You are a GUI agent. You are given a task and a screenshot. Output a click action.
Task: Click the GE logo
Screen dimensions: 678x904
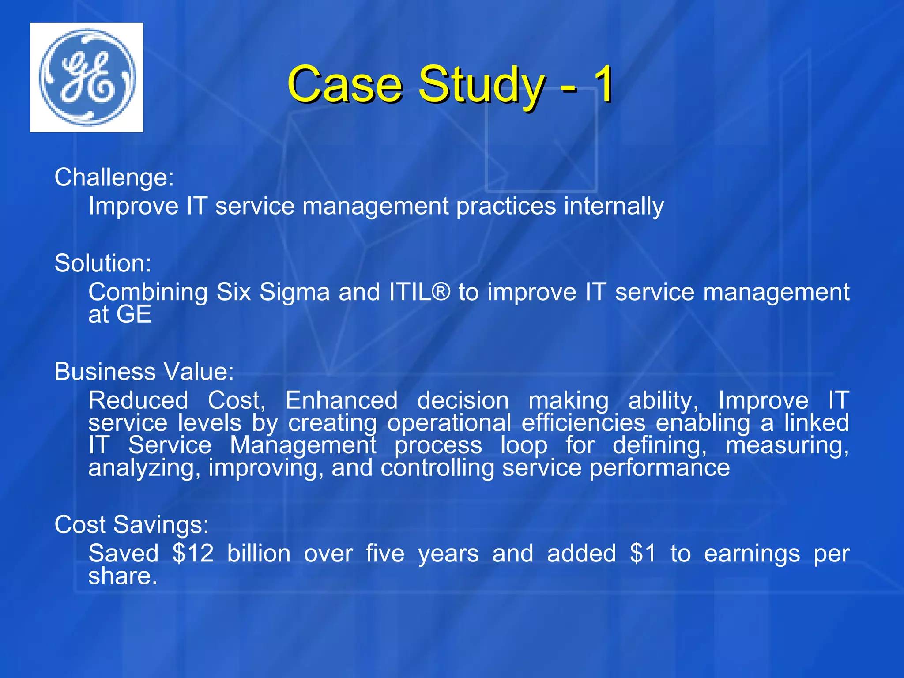click(x=87, y=77)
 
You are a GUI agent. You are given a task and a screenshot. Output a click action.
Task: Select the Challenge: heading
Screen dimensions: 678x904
click(x=114, y=177)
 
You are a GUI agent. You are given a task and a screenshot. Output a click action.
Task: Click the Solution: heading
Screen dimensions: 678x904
click(x=103, y=264)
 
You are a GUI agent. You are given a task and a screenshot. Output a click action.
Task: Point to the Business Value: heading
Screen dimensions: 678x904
click(x=144, y=372)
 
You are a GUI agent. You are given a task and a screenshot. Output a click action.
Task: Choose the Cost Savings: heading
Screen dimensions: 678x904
click(x=132, y=525)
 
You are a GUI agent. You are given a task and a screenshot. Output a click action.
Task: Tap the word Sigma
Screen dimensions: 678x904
click(x=294, y=292)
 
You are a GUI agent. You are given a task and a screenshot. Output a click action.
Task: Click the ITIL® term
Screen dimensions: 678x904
click(x=419, y=292)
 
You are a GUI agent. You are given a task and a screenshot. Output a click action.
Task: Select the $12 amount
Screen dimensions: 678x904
click(x=193, y=554)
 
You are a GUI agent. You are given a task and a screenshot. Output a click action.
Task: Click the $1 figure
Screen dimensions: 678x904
click(x=644, y=554)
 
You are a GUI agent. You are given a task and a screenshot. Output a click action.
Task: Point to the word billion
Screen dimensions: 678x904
click(x=259, y=554)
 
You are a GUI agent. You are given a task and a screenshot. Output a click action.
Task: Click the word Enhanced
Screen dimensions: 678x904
click(x=341, y=401)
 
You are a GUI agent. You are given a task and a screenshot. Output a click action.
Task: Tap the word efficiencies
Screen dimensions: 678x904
click(x=584, y=423)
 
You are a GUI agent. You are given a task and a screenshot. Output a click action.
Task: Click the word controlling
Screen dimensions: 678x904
click(x=437, y=468)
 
